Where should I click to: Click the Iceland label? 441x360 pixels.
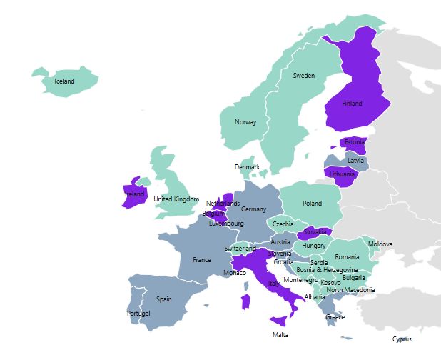coord(64,81)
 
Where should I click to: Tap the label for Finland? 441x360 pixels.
coord(352,104)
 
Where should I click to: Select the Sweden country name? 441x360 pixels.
coord(303,75)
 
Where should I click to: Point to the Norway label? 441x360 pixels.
coord(245,122)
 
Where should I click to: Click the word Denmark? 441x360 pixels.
coord(248,167)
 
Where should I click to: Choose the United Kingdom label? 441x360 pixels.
coord(176,199)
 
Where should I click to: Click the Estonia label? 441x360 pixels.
coord(355,142)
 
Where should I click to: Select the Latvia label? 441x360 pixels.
coord(356,161)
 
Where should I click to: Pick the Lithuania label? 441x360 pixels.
coord(342,174)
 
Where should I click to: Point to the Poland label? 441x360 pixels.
coord(312,203)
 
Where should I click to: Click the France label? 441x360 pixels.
coord(202,260)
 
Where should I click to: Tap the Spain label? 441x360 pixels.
coord(164,299)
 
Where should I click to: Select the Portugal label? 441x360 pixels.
coord(138,314)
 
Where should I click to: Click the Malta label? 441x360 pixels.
coord(280,335)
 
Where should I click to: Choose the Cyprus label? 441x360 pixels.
coord(402,339)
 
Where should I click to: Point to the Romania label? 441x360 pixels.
coord(348,257)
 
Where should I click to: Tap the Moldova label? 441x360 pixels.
coord(380,244)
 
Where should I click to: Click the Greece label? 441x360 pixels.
coord(335,317)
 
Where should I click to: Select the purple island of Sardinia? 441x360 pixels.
coord(245,301)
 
